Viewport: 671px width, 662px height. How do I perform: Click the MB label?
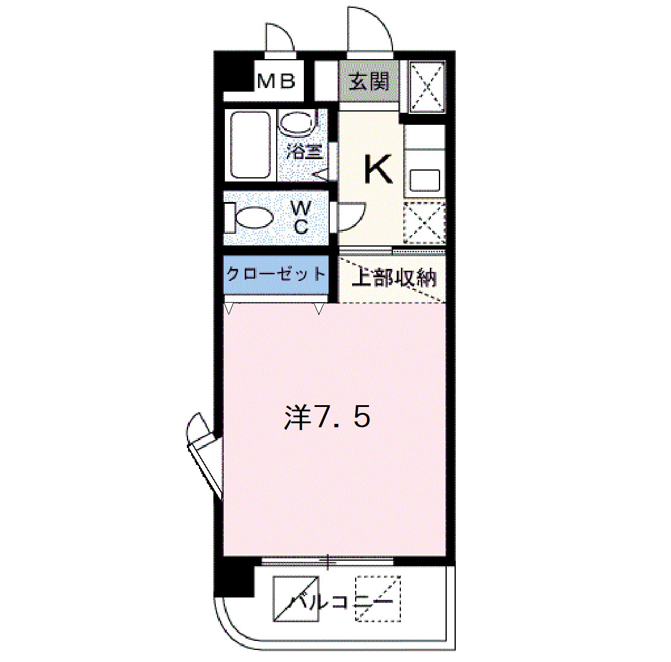276,81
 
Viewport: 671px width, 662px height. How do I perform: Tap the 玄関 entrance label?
369,81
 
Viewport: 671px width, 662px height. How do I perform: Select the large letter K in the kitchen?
378,169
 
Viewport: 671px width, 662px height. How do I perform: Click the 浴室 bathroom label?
304,151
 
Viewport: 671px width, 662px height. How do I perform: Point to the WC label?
301,218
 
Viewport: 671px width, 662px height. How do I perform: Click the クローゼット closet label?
276,274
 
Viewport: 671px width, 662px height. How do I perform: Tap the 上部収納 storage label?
394,278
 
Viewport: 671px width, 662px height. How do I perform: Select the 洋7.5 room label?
327,417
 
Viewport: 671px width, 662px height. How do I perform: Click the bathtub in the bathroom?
250,145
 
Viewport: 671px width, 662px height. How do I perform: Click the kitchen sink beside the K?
424,180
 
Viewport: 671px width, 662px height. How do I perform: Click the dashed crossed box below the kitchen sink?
424,223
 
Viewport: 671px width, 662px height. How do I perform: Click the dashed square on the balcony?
378,598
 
